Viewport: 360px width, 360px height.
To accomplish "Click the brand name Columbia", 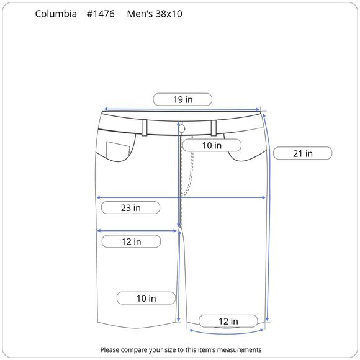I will click(x=56, y=14).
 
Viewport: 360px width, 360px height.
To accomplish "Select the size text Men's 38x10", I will click(x=155, y=14).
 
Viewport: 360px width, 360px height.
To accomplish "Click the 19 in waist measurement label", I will click(x=182, y=99).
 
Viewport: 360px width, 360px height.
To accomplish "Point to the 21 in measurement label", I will click(x=302, y=153).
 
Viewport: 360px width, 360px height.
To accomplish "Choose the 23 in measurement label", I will click(x=130, y=208).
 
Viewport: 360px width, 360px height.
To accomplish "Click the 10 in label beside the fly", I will click(x=212, y=145).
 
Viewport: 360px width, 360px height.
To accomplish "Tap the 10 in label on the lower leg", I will click(x=146, y=299).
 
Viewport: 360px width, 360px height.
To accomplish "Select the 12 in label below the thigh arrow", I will click(x=130, y=241).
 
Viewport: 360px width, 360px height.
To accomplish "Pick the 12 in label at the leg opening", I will click(x=228, y=321).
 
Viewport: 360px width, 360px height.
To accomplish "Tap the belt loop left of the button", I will click(x=145, y=127).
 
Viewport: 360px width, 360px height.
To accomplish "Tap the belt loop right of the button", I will click(x=214, y=127).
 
